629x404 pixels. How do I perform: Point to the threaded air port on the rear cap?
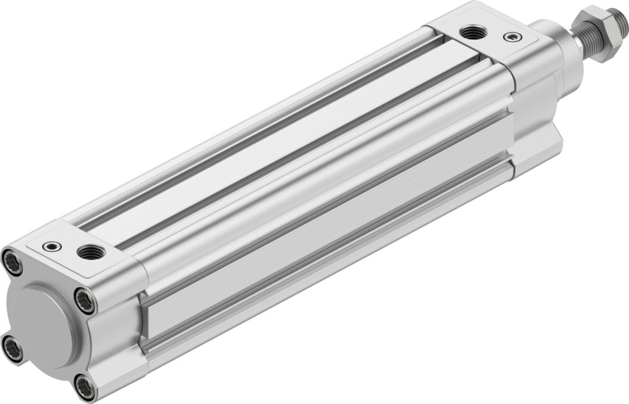click(90, 252)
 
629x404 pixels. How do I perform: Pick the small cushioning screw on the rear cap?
click(52, 245)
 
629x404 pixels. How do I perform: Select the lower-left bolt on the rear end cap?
click(11, 349)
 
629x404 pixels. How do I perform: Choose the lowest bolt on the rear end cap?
click(85, 387)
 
